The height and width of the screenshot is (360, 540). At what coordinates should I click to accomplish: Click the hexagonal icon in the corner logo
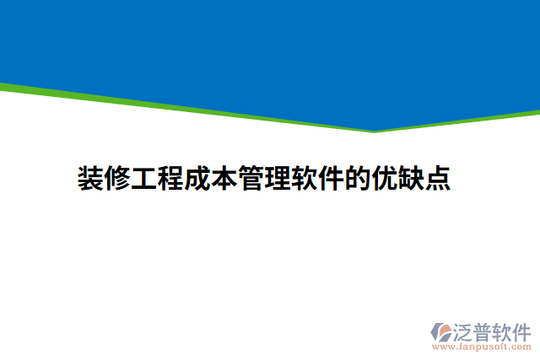coord(441,331)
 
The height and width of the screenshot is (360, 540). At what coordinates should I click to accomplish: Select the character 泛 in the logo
coord(464,330)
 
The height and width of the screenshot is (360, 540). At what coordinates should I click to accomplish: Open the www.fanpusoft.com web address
coord(481,346)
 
